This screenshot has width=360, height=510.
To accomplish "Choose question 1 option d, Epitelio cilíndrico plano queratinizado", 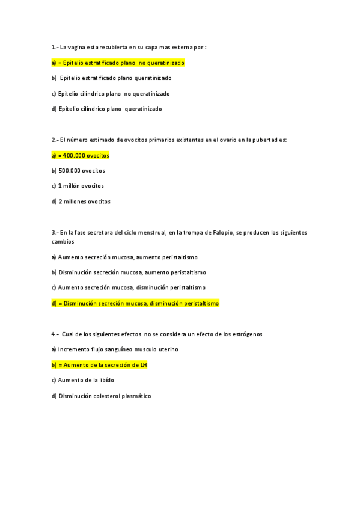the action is point(106,109).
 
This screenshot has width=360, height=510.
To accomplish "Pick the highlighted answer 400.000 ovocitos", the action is point(81,155).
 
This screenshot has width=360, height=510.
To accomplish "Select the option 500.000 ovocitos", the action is point(79,171).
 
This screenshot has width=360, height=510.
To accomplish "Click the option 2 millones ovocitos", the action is point(81,201).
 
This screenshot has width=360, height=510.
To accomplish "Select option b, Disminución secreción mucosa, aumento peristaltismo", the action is point(129,272).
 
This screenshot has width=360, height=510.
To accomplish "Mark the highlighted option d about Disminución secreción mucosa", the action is point(135,304).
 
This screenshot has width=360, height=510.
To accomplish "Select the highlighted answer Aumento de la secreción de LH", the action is point(99,365).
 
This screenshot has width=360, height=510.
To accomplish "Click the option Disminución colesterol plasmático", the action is point(102,396).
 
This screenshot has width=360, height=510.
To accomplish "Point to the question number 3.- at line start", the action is point(55,232).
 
